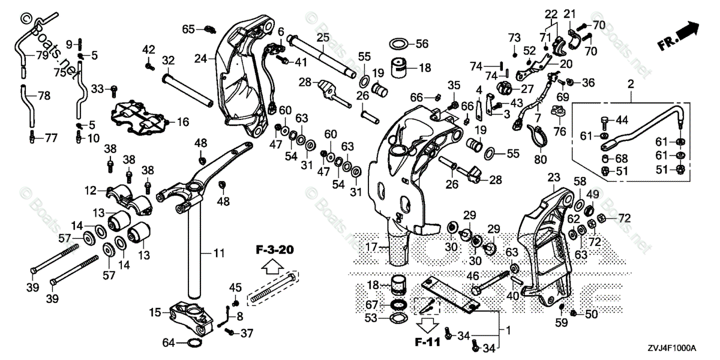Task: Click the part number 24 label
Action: (200, 59)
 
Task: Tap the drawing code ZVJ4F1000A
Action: (670, 348)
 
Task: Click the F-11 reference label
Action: (427, 344)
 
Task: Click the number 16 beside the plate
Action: (183, 122)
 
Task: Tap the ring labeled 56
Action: (399, 43)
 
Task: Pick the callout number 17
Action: (371, 246)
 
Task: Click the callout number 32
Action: (168, 60)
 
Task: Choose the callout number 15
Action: (155, 312)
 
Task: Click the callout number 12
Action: (90, 191)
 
